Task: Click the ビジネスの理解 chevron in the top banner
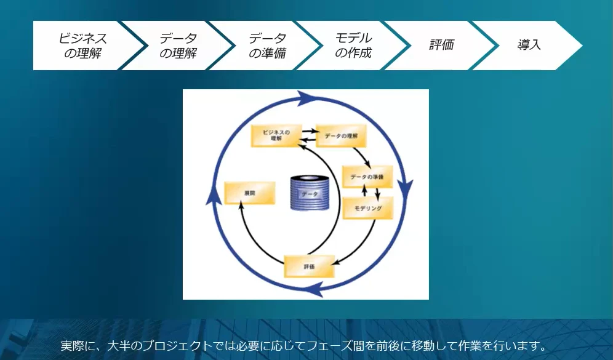82,46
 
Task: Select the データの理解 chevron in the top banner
178,46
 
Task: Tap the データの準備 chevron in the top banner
267,46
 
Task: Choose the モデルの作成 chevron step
353,46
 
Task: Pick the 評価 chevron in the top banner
441,46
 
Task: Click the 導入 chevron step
529,46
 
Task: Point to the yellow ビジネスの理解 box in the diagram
276,135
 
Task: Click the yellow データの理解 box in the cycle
341,136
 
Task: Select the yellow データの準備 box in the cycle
366,177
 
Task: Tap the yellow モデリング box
367,209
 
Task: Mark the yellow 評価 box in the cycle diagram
309,266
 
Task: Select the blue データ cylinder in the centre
310,194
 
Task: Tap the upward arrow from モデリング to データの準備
364,190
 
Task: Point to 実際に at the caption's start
79,345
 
